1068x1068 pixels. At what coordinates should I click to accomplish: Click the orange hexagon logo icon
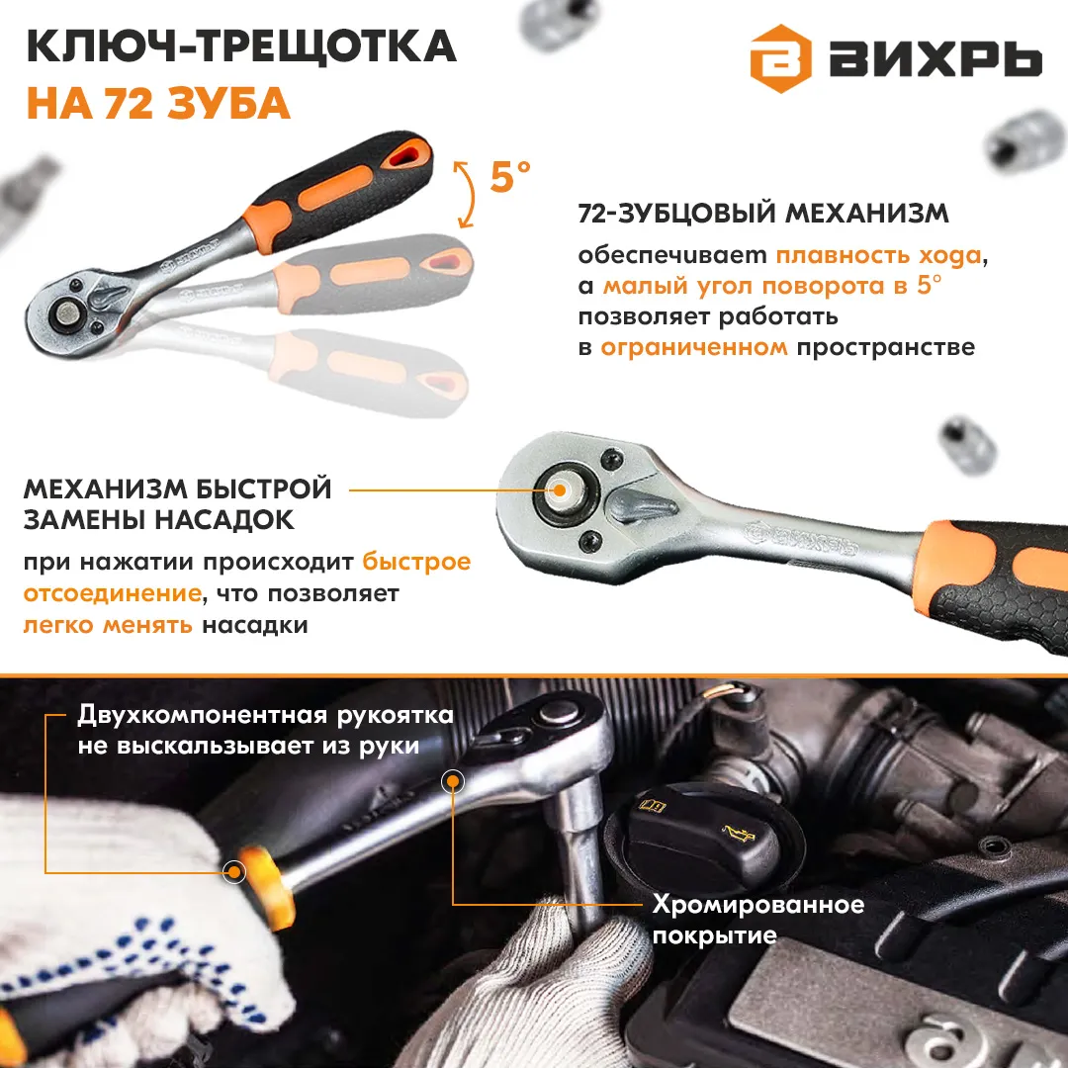coord(780,58)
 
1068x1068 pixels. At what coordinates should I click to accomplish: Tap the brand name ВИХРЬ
coord(935,60)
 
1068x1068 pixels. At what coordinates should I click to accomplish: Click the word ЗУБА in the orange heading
coord(228,104)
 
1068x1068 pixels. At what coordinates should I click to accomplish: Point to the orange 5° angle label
coord(510,176)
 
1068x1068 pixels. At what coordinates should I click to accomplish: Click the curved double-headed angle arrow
coord(469,194)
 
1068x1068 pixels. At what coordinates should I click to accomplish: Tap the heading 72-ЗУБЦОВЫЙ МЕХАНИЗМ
coord(762,214)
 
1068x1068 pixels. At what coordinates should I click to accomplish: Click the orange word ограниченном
coord(693,347)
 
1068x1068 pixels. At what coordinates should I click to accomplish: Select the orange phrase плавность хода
coord(879,255)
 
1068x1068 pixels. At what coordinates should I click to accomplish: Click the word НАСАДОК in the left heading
coord(224,520)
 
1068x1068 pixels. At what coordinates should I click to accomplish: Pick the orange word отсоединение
coord(113,593)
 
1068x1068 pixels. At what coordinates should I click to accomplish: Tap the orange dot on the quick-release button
coord(560,489)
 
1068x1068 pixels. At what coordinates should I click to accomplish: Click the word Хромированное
coord(758,905)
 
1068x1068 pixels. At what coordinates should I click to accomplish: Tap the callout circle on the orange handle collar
coord(235,871)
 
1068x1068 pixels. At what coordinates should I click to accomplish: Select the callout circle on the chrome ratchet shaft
coord(453,781)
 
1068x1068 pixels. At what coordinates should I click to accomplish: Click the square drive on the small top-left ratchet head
coord(67,313)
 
